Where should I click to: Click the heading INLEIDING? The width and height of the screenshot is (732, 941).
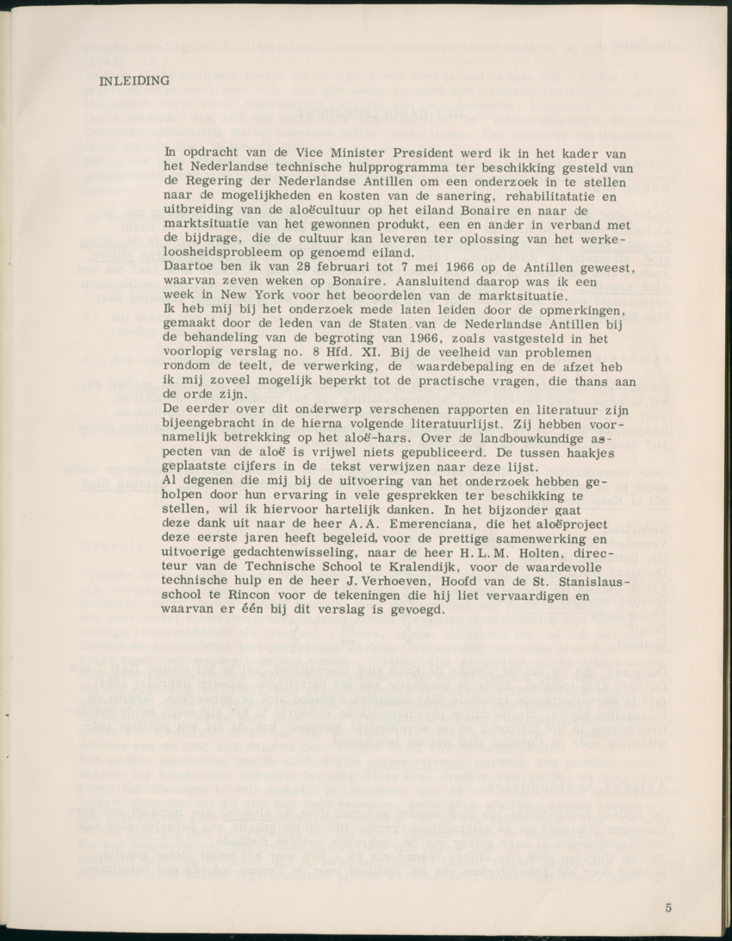pyautogui.click(x=135, y=82)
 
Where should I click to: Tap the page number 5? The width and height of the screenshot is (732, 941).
pyautogui.click(x=669, y=907)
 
